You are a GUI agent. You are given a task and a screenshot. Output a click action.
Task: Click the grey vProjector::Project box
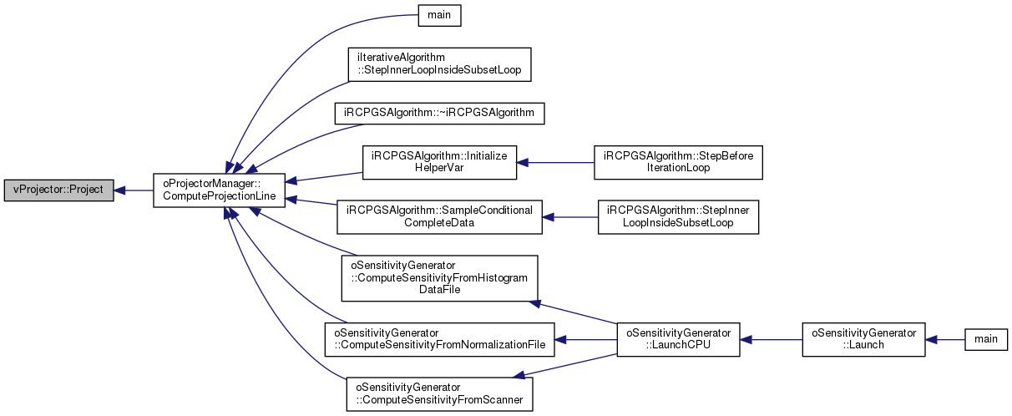pyautogui.click(x=58, y=190)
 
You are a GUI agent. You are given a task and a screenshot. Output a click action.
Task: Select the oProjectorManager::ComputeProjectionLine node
pyautogui.click(x=219, y=190)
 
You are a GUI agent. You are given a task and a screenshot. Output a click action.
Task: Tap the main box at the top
pyautogui.click(x=439, y=15)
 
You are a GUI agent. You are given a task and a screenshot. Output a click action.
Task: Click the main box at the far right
pyautogui.click(x=986, y=340)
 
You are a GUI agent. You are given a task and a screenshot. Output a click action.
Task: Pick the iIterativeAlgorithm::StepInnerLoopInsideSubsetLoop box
pyautogui.click(x=439, y=64)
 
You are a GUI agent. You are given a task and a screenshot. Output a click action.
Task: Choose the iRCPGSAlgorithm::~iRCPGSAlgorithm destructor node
pyautogui.click(x=439, y=114)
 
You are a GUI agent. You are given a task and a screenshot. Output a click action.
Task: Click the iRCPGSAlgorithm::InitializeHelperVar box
pyautogui.click(x=439, y=162)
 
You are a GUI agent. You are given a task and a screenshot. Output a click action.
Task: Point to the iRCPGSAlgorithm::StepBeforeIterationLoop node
pyautogui.click(x=678, y=162)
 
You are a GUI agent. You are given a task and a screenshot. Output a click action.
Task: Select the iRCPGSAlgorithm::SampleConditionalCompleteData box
pyautogui.click(x=439, y=217)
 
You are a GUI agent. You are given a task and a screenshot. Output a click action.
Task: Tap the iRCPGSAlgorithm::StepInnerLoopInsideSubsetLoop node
pyautogui.click(x=678, y=217)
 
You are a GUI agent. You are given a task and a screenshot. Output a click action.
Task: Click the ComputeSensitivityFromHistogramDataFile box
pyautogui.click(x=439, y=278)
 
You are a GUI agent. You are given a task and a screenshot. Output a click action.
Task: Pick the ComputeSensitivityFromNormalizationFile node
pyautogui.click(x=439, y=340)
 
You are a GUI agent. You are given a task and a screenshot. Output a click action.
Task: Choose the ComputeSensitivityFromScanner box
pyautogui.click(x=439, y=394)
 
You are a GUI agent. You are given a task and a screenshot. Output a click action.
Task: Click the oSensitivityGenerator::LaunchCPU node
pyautogui.click(x=678, y=340)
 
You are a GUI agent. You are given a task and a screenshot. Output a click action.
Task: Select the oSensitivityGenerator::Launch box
pyautogui.click(x=864, y=340)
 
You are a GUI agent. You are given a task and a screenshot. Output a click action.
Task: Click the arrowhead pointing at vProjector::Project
pyautogui.click(x=119, y=190)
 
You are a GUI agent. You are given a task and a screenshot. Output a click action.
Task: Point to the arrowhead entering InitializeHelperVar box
pyautogui.click(x=523, y=162)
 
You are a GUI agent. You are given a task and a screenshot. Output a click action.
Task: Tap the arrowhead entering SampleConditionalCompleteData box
pyautogui.click(x=549, y=217)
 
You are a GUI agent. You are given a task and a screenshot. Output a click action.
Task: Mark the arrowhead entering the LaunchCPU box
pyautogui.click(x=746, y=340)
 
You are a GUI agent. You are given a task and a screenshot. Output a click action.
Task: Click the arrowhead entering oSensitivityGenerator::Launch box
pyautogui.click(x=932, y=340)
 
